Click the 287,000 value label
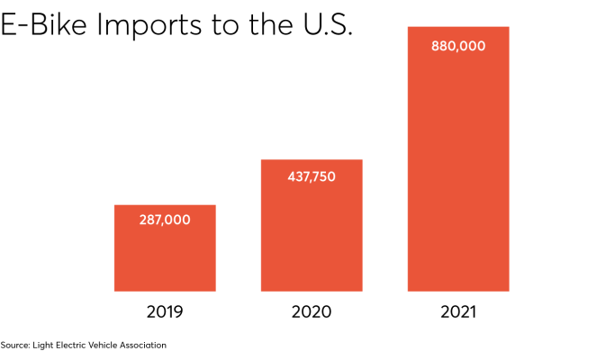pos(165,219)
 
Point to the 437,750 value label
pos(311,176)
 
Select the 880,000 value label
pos(457,45)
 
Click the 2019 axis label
pos(165,312)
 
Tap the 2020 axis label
pos(312,312)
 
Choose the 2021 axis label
pos(457,312)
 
